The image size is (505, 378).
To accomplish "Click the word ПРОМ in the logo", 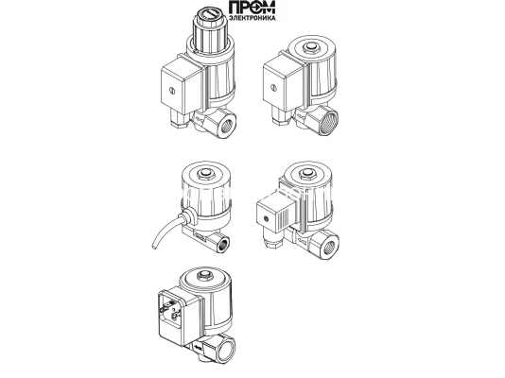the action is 252,8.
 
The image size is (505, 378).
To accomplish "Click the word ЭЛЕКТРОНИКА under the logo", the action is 252,18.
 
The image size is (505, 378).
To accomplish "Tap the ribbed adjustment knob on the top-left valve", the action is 209,29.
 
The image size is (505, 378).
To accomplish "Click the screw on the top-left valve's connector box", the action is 172,91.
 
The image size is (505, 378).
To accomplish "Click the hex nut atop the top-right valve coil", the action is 310,48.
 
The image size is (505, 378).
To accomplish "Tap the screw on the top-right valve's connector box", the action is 274,87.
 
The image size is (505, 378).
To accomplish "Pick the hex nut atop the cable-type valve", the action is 205,175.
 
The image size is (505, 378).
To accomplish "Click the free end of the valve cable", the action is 153,247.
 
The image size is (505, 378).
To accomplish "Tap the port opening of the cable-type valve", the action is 223,243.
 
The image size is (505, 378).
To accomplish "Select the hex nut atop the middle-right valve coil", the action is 306,175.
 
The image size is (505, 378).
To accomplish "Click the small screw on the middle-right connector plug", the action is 266,219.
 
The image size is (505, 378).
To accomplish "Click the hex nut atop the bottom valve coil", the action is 202,276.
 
